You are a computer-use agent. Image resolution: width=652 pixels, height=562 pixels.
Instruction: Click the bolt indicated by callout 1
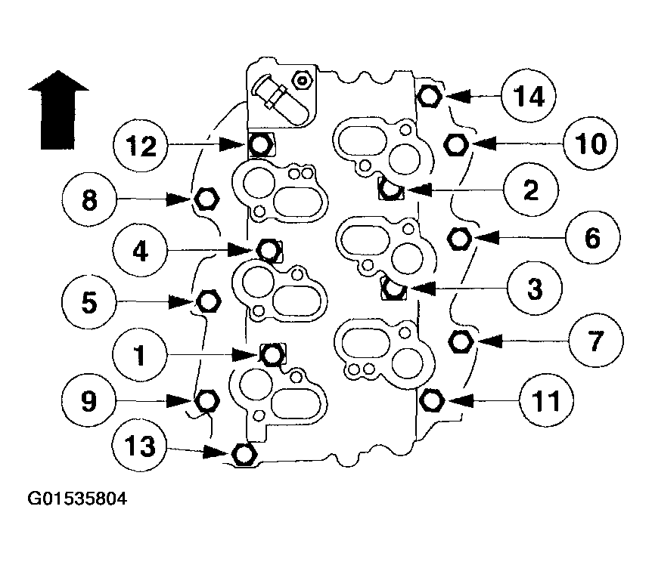click(272, 353)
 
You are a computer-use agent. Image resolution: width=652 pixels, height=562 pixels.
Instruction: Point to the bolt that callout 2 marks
click(390, 189)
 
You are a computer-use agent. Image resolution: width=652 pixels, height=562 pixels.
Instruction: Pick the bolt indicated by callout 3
click(394, 287)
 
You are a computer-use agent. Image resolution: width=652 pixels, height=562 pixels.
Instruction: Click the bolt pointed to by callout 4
click(268, 248)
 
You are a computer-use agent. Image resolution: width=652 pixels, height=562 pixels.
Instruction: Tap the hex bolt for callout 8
click(206, 199)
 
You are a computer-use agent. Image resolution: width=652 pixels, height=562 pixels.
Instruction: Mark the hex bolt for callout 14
click(429, 96)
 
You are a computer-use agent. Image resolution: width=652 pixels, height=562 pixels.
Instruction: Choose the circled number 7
click(593, 341)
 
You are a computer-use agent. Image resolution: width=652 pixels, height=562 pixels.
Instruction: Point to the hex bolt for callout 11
click(431, 398)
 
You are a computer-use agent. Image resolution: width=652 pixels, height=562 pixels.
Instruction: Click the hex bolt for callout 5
click(208, 301)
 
